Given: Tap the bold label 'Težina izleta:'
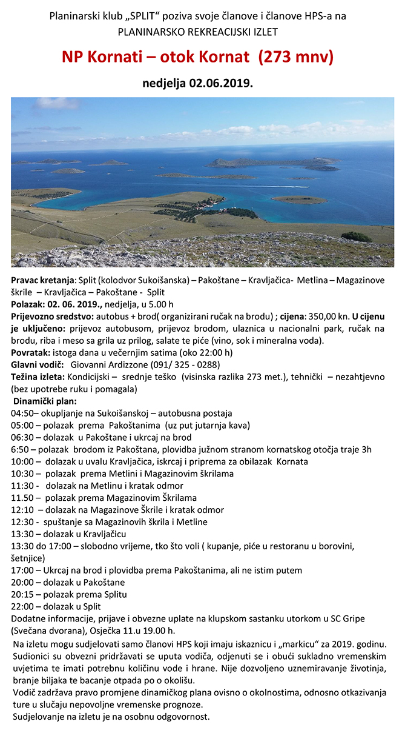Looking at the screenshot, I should coord(39,377).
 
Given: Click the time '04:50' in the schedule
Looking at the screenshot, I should coord(22,413).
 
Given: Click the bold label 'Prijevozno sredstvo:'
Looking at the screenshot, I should coord(51,316).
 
